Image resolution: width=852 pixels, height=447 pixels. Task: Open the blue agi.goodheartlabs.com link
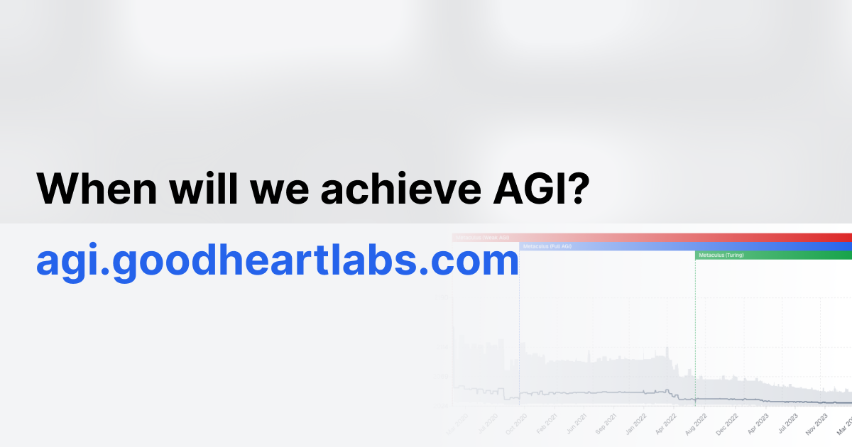coord(278,263)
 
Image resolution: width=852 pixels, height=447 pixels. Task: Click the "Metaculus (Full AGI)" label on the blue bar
coord(547,246)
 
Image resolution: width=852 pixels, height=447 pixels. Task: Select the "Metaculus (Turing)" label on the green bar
coord(721,255)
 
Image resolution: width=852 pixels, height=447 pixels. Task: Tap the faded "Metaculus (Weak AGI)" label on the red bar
coord(483,238)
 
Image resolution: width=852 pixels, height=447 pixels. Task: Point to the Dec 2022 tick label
coord(726,424)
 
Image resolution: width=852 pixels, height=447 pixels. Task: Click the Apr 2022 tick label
coord(665,423)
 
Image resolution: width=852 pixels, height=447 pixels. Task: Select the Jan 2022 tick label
coord(634,424)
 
